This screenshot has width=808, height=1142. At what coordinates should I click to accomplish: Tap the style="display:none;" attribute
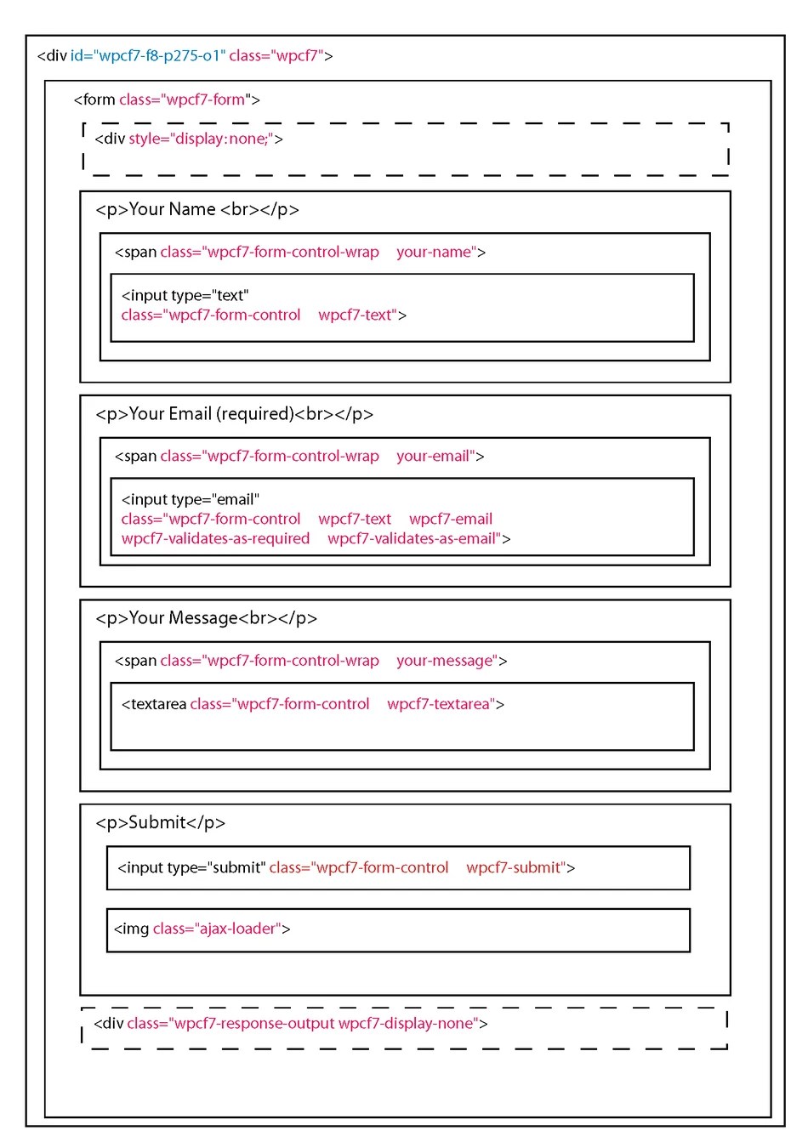(202, 139)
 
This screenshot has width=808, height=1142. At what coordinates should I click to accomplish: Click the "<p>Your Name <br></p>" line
(196, 210)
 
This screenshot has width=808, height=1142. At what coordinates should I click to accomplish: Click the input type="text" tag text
(185, 296)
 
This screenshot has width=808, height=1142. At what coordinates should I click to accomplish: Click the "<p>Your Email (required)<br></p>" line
(234, 414)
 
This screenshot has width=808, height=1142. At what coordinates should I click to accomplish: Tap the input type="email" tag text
(190, 500)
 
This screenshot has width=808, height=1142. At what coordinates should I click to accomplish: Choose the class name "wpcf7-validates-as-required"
(215, 539)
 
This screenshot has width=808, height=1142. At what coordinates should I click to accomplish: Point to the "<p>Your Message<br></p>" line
(206, 618)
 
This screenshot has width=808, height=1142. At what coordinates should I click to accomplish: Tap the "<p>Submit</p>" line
(160, 823)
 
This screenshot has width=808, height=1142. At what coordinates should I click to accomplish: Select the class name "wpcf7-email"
(451, 520)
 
